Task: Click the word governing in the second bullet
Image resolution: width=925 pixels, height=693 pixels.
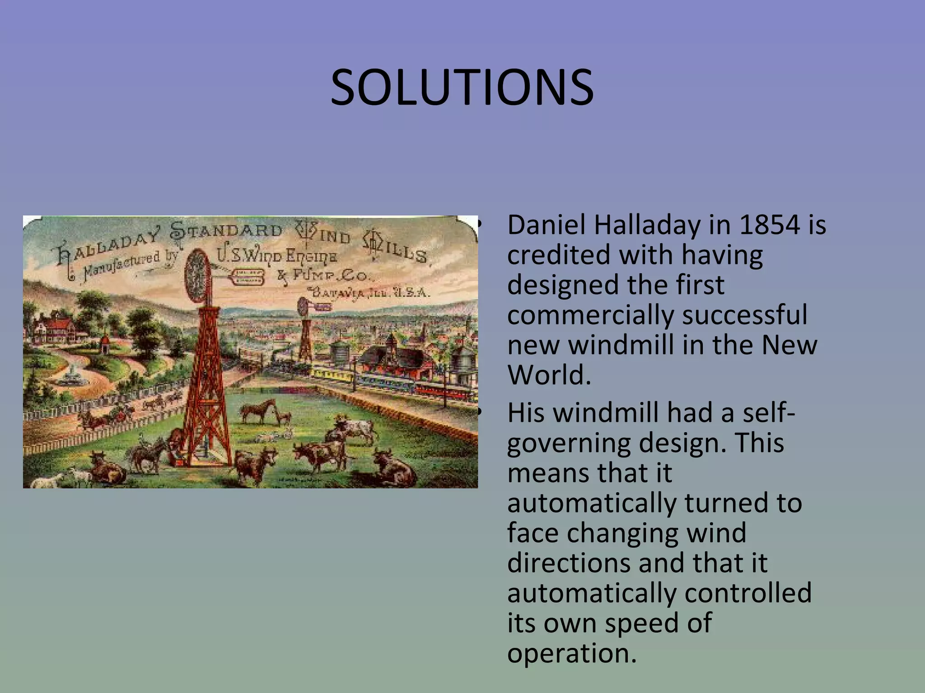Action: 569,444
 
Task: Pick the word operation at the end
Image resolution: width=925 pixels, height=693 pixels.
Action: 571,653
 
